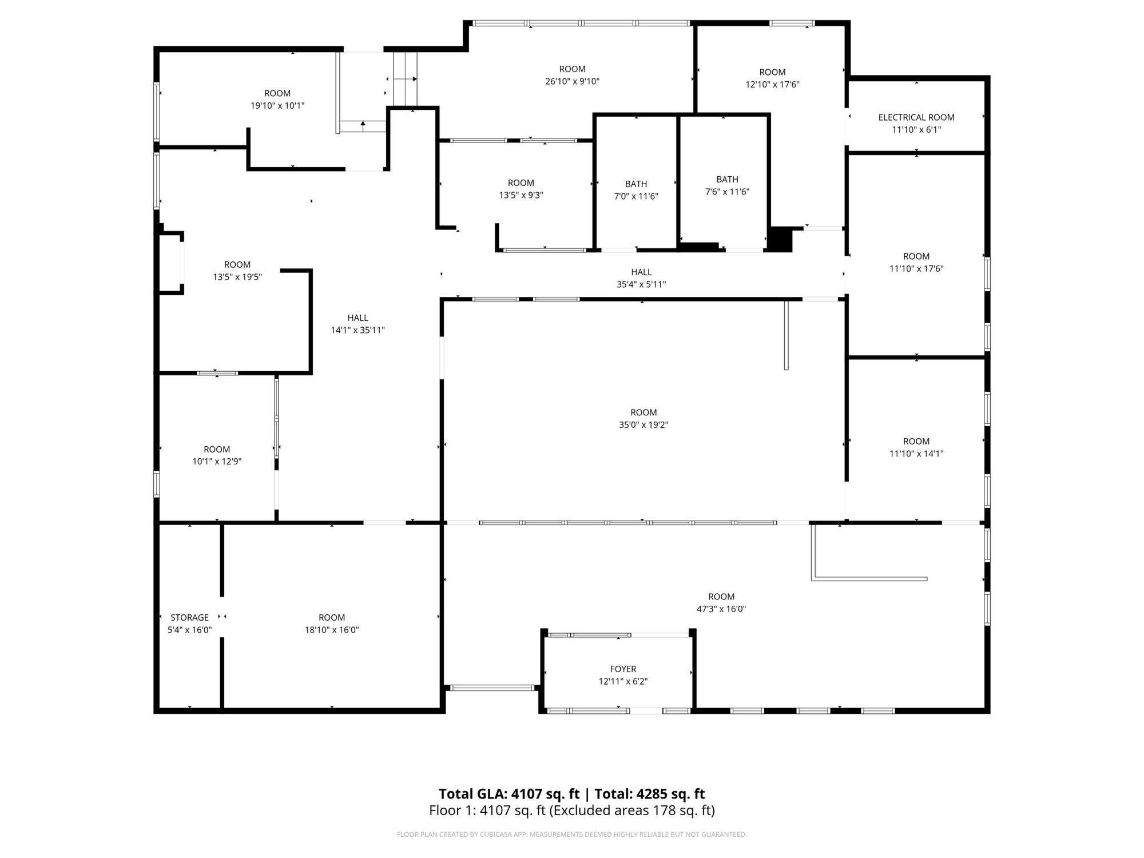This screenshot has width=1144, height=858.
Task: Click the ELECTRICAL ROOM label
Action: point(916,117)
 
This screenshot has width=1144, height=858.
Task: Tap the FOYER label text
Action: point(623,669)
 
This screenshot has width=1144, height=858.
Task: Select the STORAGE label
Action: point(189,617)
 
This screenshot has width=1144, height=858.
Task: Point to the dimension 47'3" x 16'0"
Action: point(721,609)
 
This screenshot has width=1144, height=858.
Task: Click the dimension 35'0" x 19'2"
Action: point(643,424)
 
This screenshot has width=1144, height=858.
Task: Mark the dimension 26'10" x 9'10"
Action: point(572,81)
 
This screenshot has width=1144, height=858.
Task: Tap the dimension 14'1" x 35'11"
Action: point(357,330)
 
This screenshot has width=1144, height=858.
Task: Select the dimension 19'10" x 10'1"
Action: point(277,106)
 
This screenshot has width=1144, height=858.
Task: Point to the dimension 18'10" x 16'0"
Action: point(332,630)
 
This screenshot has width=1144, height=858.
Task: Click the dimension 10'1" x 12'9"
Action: point(217,462)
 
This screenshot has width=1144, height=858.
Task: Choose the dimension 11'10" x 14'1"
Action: point(916,454)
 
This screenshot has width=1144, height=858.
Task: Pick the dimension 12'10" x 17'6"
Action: point(772,84)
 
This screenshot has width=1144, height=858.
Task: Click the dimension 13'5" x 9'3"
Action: point(521,195)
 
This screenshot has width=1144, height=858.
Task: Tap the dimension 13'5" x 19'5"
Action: point(237,277)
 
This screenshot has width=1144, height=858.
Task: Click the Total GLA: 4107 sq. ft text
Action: point(509,794)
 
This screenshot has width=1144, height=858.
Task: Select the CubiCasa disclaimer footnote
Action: point(572,835)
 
